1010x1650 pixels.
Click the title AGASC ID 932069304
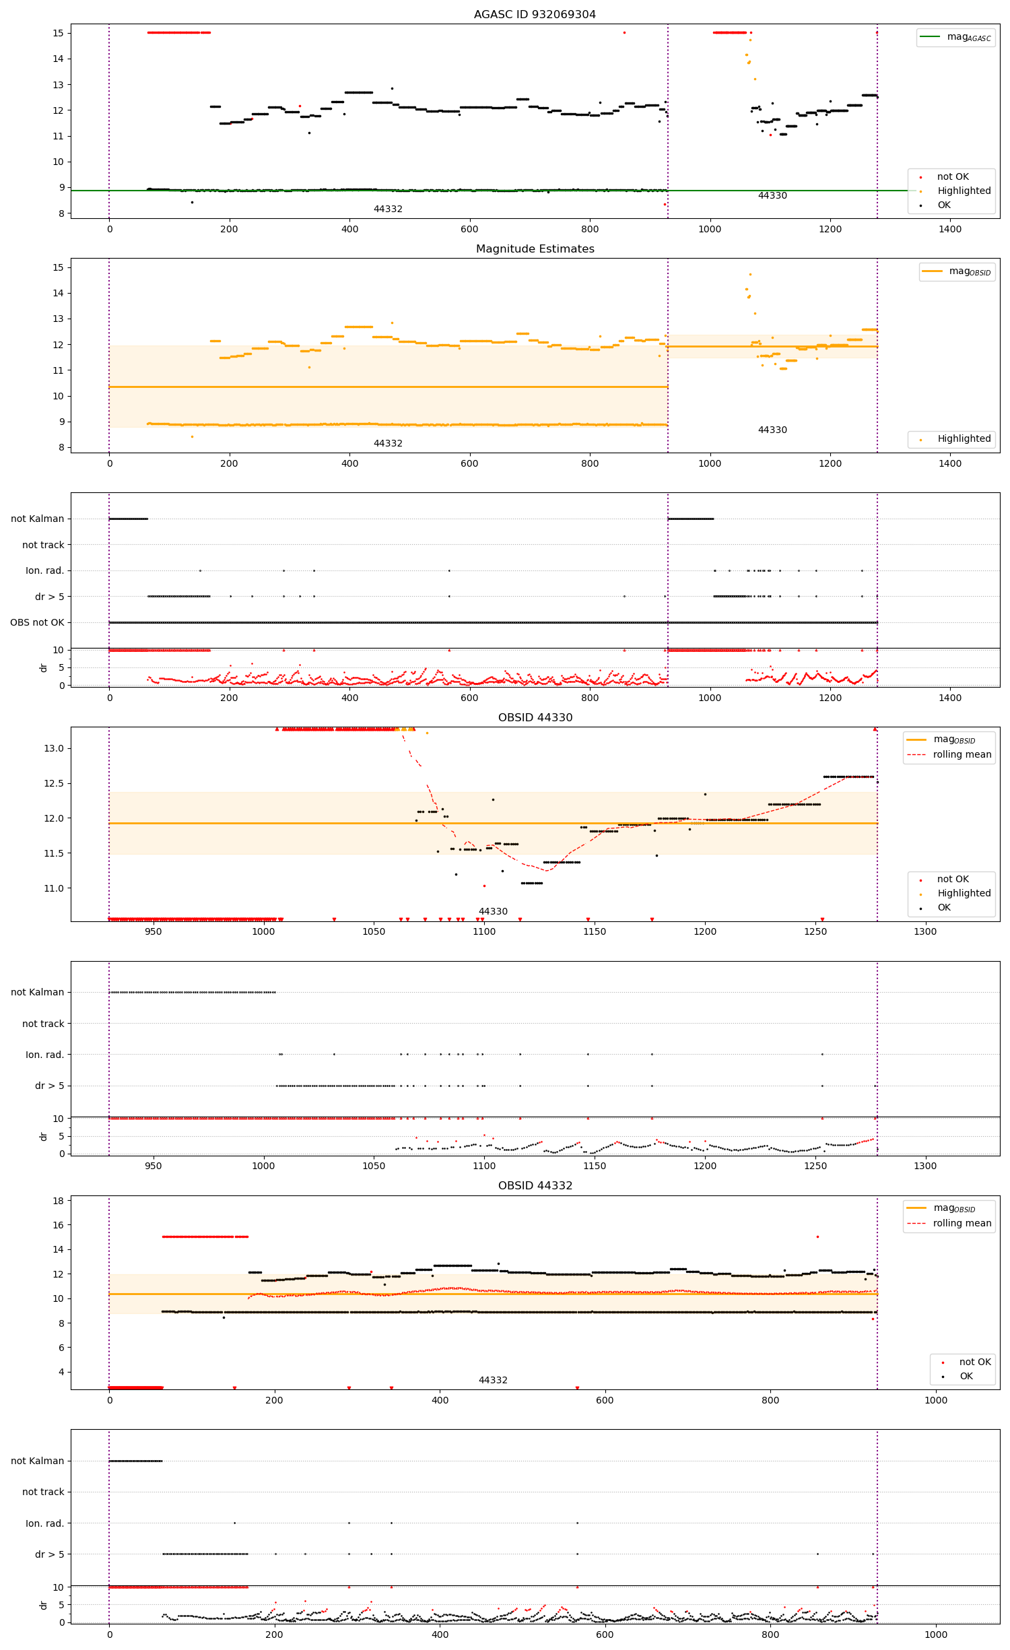pyautogui.click(x=535, y=14)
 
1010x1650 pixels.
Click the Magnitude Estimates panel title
pyautogui.click(x=535, y=249)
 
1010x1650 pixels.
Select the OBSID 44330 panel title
pyautogui.click(x=535, y=717)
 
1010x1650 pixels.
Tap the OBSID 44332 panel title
pyautogui.click(x=535, y=1185)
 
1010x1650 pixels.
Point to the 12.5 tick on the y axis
pyautogui.click(x=54, y=783)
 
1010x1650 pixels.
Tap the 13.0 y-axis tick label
pyautogui.click(x=54, y=748)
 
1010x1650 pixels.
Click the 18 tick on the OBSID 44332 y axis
pyautogui.click(x=58, y=1201)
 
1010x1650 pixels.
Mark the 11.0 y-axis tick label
pyautogui.click(x=54, y=888)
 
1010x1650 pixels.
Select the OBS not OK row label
pyautogui.click(x=37, y=622)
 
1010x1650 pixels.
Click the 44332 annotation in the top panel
pyautogui.click(x=388, y=209)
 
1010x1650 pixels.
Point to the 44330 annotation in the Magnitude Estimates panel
pyautogui.click(x=772, y=430)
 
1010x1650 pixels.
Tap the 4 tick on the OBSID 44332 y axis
pyautogui.click(x=61, y=1372)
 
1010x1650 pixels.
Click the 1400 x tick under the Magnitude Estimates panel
pyautogui.click(x=950, y=463)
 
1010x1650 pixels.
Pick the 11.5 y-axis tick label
pyautogui.click(x=54, y=853)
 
